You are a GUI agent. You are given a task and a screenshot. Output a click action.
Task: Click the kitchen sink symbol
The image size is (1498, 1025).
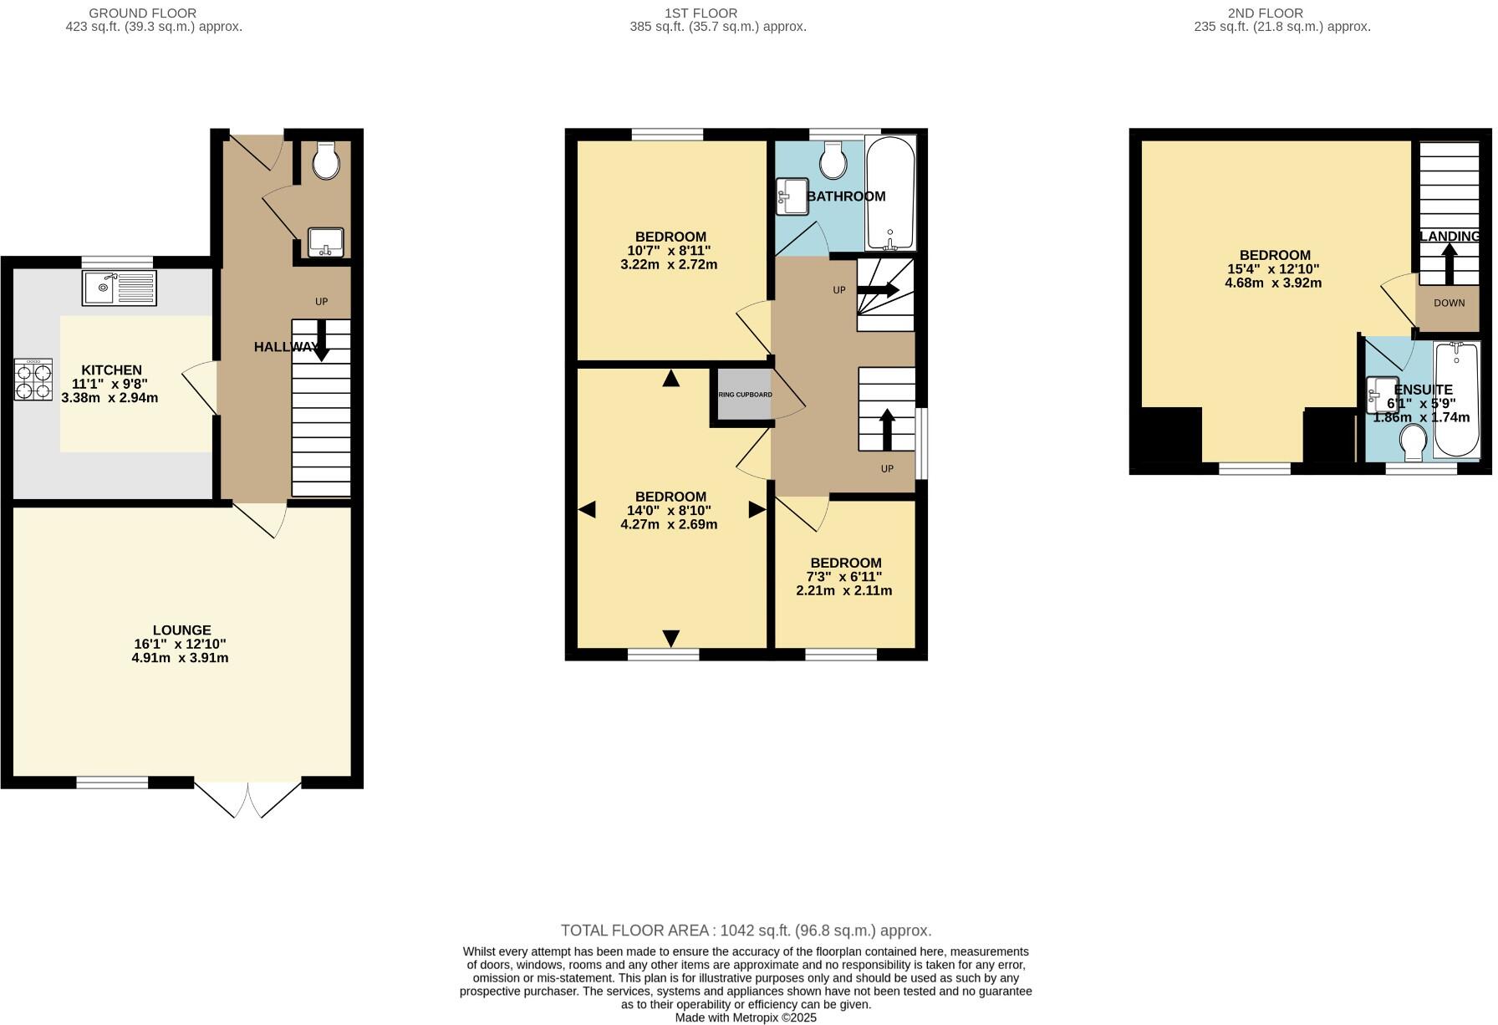coord(119,288)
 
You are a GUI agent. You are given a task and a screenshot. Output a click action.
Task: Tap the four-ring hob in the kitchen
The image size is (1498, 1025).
coord(33,380)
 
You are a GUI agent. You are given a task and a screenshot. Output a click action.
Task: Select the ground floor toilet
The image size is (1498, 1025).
coord(326,161)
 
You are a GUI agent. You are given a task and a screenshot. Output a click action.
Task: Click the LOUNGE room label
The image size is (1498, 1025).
coord(181,630)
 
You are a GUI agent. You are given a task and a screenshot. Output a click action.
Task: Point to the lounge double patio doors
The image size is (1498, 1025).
coord(248,798)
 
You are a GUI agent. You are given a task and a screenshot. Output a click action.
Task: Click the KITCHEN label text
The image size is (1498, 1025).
coord(111,370)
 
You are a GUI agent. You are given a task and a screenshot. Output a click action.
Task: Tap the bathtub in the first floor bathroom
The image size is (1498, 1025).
coord(890,194)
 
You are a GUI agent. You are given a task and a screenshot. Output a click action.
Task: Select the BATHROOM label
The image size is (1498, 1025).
coord(846,196)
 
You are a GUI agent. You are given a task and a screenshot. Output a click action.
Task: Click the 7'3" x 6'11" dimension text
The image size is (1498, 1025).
coord(843,577)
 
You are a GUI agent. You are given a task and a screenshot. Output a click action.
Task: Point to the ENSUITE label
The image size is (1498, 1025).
coord(1423,390)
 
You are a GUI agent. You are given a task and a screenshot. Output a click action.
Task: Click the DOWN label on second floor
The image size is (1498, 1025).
coord(1449,303)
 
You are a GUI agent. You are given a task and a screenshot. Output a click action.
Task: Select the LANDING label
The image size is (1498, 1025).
coord(1450,237)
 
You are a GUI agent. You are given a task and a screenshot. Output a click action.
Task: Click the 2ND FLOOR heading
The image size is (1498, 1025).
coord(1265,13)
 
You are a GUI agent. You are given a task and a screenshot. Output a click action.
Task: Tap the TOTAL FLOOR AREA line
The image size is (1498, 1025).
coord(746,931)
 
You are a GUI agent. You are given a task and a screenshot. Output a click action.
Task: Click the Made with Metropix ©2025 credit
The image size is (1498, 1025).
coord(746,1017)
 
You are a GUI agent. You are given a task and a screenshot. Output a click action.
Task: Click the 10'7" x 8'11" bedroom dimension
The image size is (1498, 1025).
coord(669,250)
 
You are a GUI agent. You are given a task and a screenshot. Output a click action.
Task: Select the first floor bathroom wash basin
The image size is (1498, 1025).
coord(791,196)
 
